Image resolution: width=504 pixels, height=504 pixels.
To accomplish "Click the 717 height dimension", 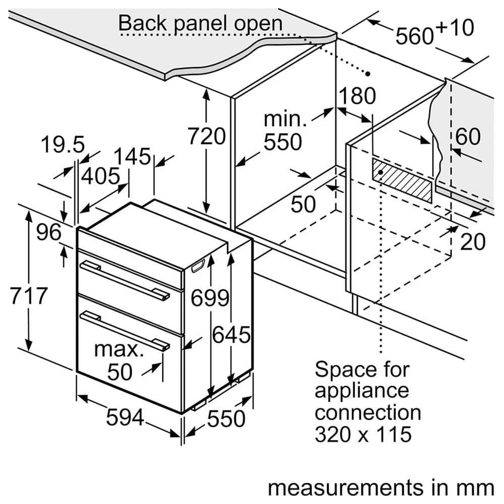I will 29,295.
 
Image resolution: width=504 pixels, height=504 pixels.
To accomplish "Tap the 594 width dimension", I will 125,417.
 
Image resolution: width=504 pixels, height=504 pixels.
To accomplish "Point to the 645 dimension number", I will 231,335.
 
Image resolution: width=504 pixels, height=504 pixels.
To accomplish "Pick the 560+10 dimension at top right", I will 434,32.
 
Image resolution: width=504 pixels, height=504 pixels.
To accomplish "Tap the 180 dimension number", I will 357,96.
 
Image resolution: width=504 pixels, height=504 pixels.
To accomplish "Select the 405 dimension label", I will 101,176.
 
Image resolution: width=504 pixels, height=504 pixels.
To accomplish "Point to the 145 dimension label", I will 132,156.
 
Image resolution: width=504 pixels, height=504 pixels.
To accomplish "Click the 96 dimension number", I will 48,232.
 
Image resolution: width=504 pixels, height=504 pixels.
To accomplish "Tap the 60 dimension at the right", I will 468,137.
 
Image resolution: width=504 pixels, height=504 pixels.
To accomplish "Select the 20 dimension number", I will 472,242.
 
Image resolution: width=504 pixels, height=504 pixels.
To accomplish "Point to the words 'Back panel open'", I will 200,23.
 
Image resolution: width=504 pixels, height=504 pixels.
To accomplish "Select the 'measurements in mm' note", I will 381,487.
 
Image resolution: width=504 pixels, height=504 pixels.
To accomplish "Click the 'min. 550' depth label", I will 283,132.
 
